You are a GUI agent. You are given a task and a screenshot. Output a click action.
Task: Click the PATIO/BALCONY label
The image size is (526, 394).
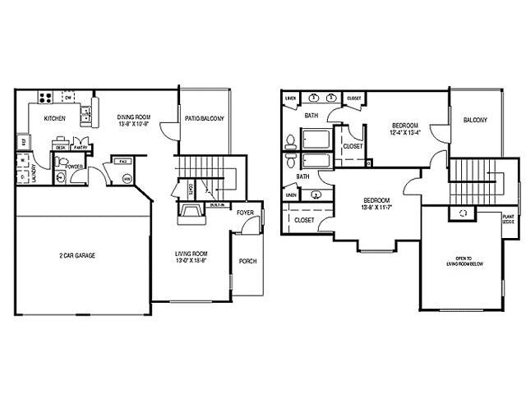204,118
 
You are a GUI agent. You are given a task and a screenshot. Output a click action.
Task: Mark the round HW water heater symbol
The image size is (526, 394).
127,178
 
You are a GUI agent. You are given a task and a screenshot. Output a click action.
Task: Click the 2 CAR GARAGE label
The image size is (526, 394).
79,256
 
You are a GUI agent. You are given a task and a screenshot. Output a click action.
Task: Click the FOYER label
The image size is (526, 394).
246,213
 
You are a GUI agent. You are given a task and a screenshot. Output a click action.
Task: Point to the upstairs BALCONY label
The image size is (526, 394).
474,120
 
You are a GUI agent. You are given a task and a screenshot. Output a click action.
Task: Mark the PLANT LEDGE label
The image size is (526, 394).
509,218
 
